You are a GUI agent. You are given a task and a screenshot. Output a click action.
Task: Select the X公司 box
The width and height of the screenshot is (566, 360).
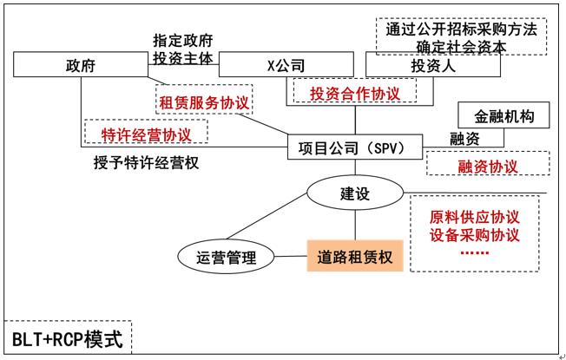[x=286, y=65]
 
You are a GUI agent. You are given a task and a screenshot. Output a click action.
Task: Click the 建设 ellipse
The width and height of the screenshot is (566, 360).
[x=353, y=193]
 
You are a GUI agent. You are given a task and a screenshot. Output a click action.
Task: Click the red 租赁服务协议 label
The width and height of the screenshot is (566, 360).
[x=204, y=102]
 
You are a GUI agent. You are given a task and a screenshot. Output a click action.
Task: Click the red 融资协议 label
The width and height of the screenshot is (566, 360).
[x=487, y=165]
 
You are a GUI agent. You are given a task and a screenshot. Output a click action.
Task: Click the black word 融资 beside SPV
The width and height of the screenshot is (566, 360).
[x=464, y=139]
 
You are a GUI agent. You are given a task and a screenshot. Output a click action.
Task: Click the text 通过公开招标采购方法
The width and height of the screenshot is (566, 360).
[x=462, y=29]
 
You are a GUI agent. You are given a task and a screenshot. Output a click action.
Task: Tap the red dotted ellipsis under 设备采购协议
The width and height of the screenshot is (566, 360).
[x=473, y=252]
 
